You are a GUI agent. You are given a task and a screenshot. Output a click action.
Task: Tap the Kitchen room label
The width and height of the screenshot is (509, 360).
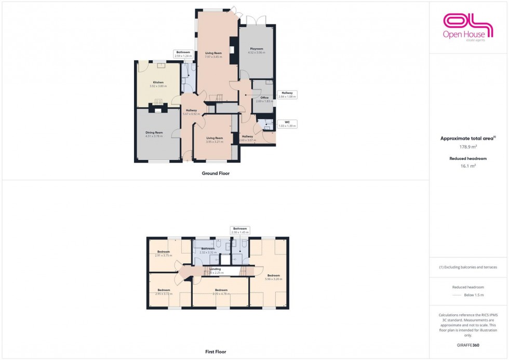(x=157, y=84)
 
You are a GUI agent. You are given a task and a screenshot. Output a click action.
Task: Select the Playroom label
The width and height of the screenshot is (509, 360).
(x=257, y=50)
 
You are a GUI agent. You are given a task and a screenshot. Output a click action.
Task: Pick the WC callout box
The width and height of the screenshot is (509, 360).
(x=287, y=124)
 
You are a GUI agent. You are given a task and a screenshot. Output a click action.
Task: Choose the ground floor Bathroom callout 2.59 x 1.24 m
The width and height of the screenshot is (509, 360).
(x=183, y=54)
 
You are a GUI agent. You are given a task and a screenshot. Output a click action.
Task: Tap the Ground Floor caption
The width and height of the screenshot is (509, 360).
(x=216, y=174)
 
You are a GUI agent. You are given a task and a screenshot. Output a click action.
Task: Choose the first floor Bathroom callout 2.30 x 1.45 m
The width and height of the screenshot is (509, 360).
(x=239, y=230)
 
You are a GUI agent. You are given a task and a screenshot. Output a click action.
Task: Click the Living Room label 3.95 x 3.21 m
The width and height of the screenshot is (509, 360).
(x=213, y=140)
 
